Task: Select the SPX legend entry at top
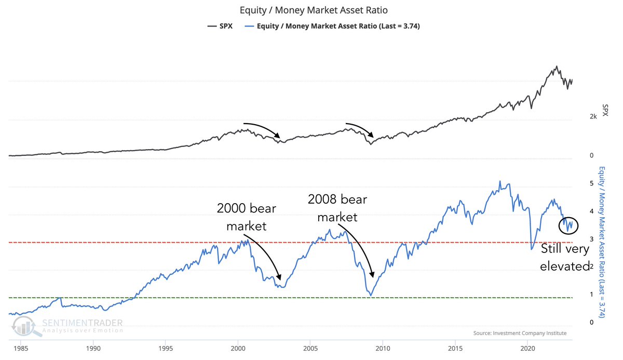coord(219,26)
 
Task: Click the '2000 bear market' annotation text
coord(247,217)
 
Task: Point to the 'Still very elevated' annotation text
coord(565,258)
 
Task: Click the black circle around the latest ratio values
coord(568,225)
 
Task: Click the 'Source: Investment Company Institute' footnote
coord(520,333)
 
